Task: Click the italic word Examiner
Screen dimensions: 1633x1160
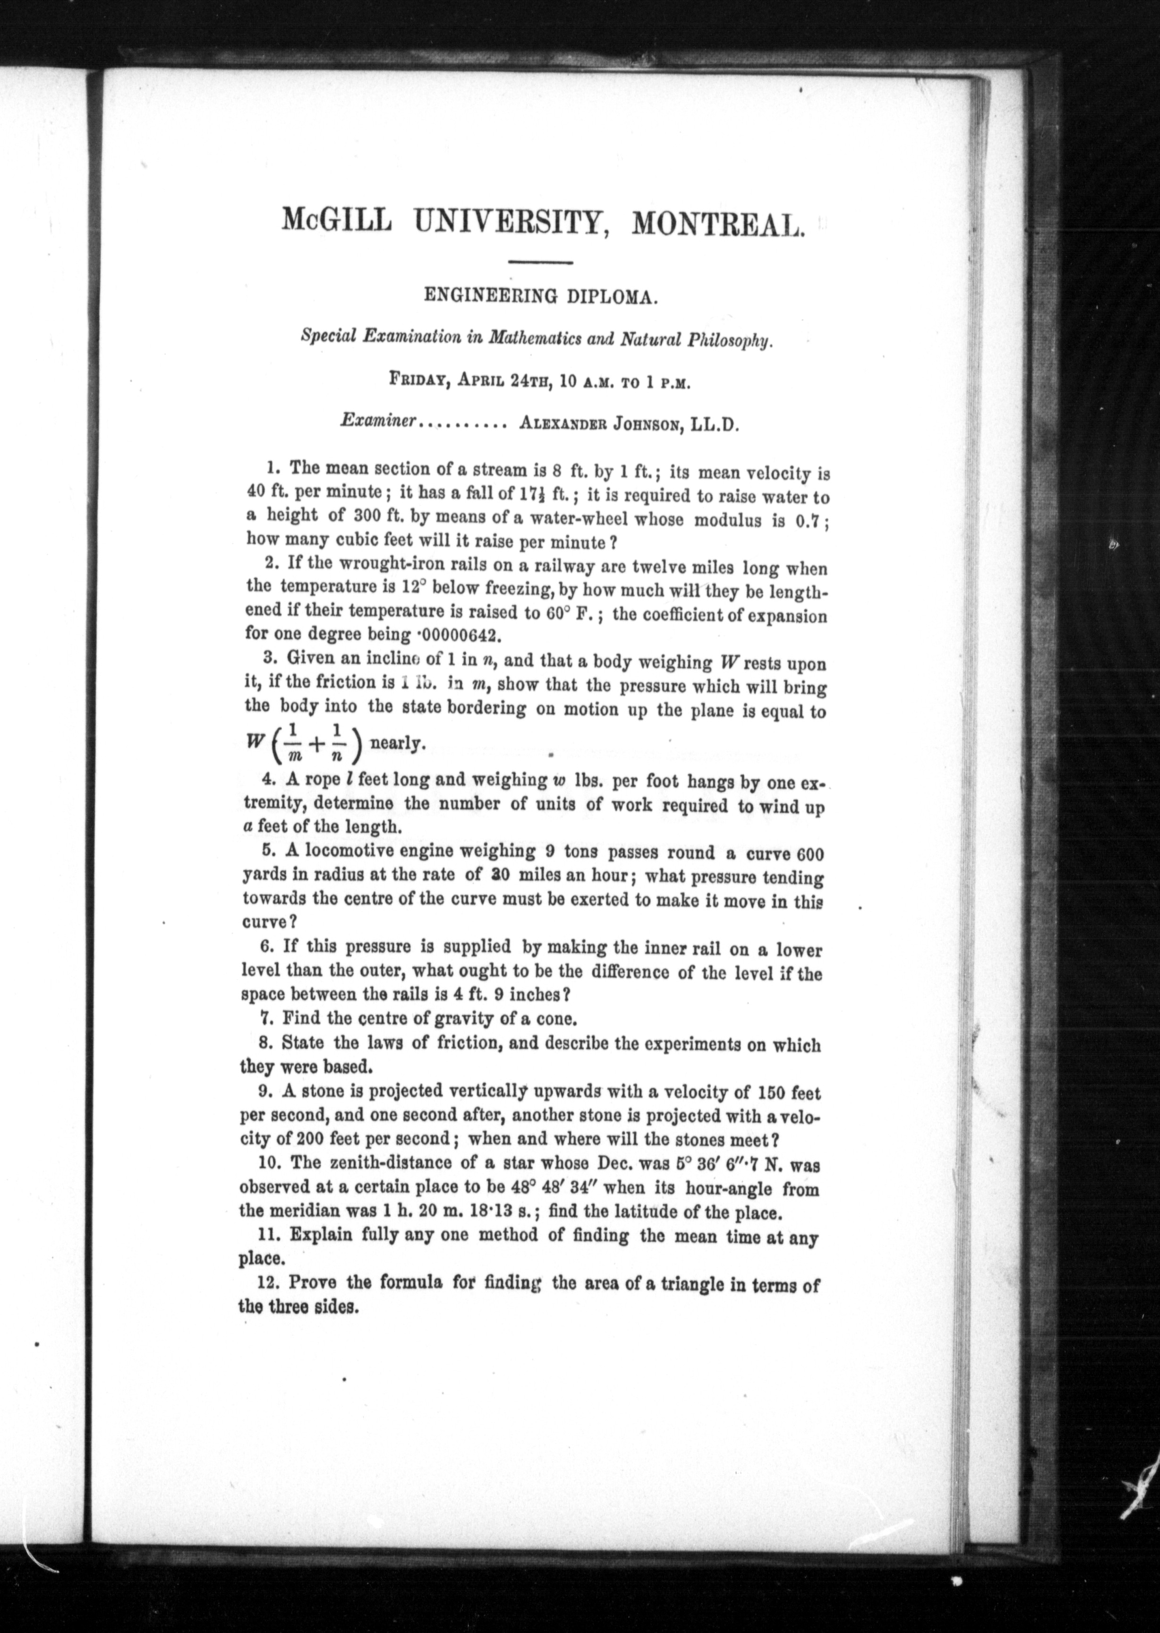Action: click(x=379, y=422)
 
